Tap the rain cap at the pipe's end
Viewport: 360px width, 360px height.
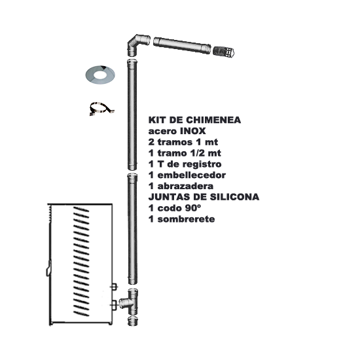pos(224,52)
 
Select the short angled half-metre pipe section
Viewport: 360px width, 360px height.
pos(182,45)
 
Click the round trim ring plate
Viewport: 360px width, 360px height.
pos(100,75)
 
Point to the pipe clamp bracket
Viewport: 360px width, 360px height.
pos(101,108)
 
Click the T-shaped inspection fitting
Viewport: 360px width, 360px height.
pos(130,302)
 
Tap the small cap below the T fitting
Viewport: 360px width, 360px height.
pos(133,321)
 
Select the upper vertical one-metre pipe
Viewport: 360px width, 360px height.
pos(132,115)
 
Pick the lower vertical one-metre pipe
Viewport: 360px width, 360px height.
pos(132,229)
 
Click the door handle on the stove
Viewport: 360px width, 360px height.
pos(49,268)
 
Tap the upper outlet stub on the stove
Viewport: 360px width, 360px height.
pos(114,287)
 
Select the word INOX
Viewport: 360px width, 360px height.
pos(193,131)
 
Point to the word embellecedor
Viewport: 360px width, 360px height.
pos(192,175)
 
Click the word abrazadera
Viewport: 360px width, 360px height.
pos(185,186)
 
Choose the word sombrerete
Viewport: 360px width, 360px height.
pos(186,219)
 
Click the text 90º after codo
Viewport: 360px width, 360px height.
pos(192,208)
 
